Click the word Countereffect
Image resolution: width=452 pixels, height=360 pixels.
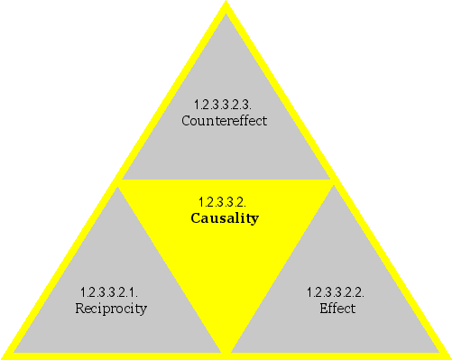click(225, 120)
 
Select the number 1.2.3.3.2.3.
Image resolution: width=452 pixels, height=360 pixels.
click(225, 104)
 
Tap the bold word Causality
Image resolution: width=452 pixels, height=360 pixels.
click(225, 218)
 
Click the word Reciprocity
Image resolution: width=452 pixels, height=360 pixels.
click(111, 309)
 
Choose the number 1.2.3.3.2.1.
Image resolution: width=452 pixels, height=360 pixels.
click(108, 292)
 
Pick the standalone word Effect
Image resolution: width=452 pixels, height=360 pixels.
click(337, 309)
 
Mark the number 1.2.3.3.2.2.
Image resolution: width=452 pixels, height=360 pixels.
click(336, 292)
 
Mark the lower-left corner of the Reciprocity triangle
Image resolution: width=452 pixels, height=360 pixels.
click(14, 351)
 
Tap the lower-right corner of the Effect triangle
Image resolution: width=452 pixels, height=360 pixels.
click(438, 351)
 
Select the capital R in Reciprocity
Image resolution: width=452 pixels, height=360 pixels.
click(79, 309)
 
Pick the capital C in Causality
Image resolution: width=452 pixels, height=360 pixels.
click(196, 218)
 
